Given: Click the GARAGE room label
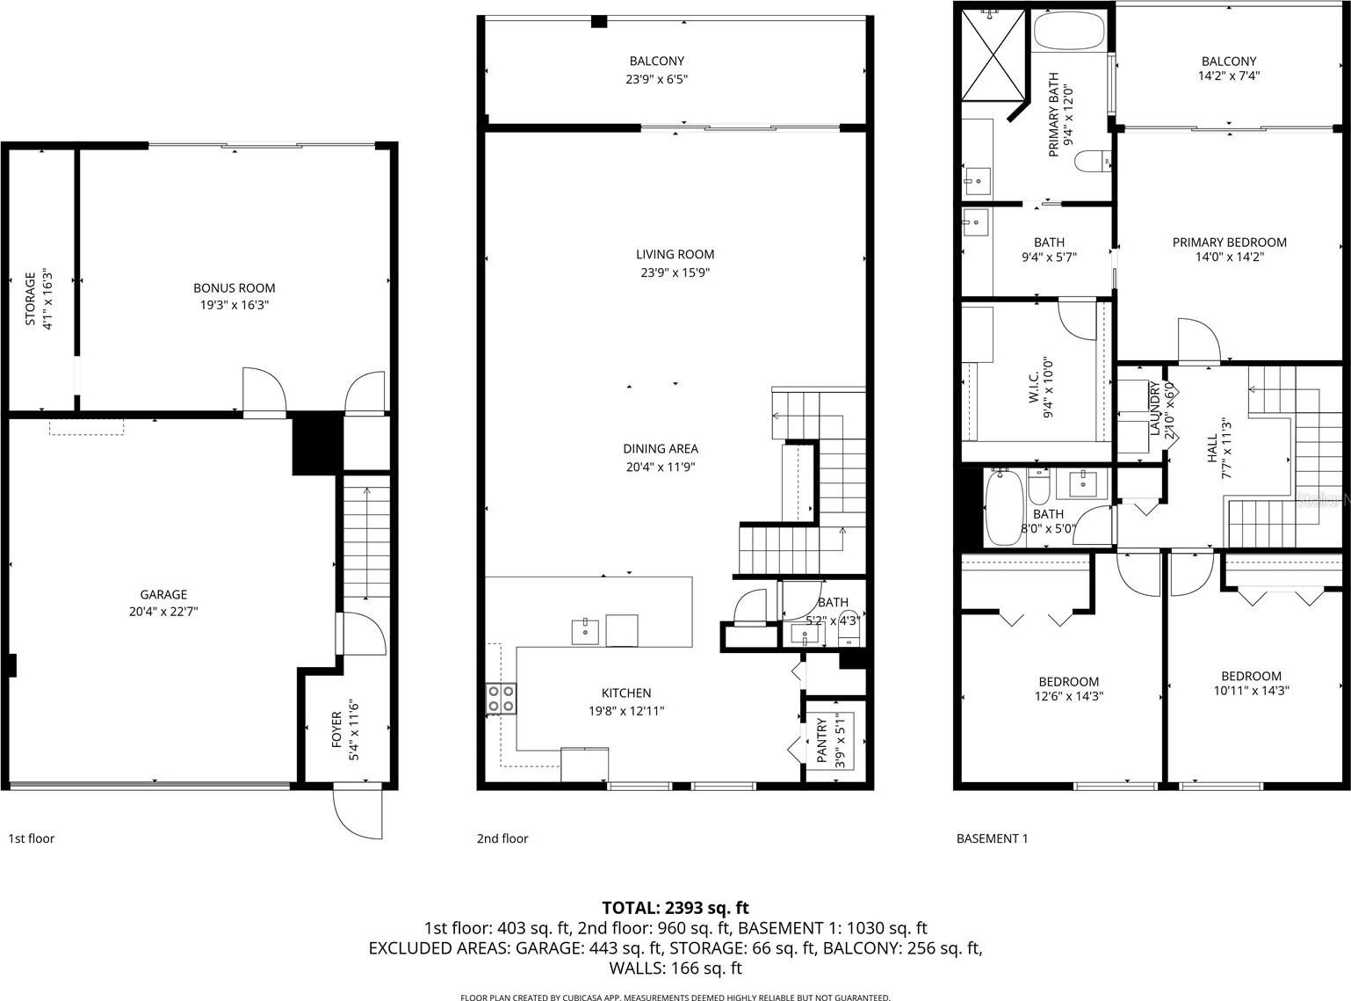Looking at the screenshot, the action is [x=163, y=594].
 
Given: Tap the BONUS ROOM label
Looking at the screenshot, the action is [x=235, y=287].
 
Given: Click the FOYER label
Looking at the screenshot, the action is [x=336, y=730].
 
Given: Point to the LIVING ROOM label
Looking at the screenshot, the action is [x=675, y=254].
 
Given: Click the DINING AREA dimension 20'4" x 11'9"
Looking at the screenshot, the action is [x=661, y=467].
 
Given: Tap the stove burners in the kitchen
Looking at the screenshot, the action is [x=501, y=699].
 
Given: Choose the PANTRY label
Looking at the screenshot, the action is [x=821, y=740].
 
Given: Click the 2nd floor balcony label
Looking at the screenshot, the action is [x=657, y=61].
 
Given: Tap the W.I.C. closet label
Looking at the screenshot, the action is [x=1034, y=388].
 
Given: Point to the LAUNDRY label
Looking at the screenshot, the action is [x=1153, y=409].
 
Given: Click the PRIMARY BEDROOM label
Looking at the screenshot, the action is [x=1229, y=242].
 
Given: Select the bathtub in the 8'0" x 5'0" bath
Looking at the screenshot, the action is [x=1004, y=507].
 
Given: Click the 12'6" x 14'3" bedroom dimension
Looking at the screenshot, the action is [x=1069, y=696].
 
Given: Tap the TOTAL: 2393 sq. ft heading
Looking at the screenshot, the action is [x=675, y=908].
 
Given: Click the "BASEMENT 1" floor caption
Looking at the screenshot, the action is [x=993, y=838].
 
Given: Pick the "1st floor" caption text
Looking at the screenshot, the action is [x=31, y=838].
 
